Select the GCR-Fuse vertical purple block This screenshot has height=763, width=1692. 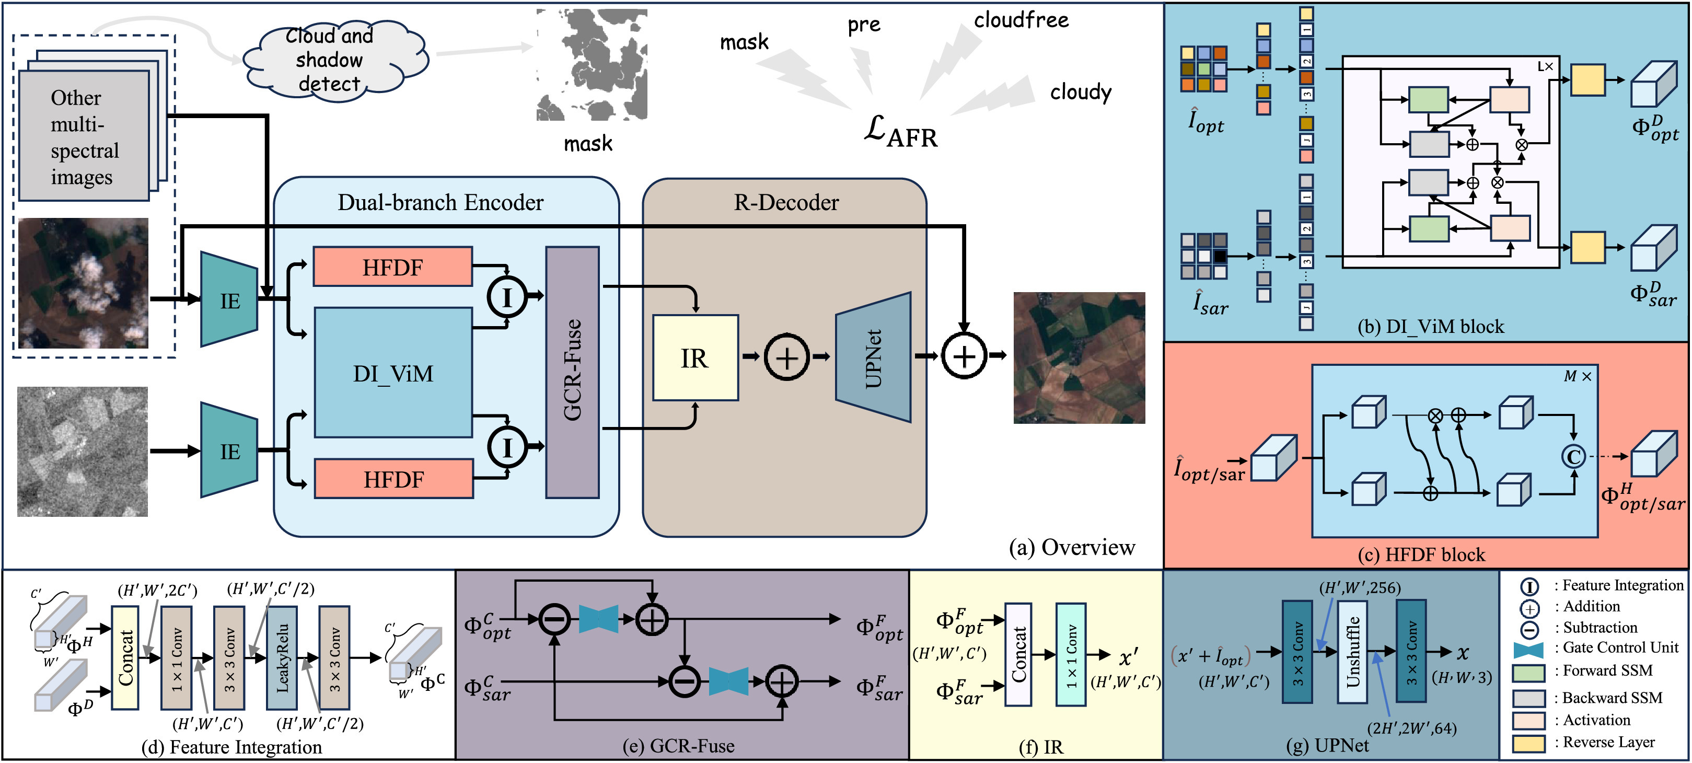click(x=572, y=372)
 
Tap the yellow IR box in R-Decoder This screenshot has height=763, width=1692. click(x=695, y=358)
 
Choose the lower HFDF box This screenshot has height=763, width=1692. click(x=393, y=479)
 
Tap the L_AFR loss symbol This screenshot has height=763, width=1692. click(x=900, y=131)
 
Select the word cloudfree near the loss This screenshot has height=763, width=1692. click(x=1021, y=21)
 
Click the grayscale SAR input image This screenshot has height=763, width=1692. click(x=83, y=452)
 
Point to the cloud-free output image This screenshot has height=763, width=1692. click(x=1079, y=358)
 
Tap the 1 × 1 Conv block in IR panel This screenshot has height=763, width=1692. click(x=1071, y=655)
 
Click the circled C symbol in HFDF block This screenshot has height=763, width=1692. click(x=1573, y=456)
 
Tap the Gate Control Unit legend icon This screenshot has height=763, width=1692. click(x=1528, y=650)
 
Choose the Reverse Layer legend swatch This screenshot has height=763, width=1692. click(x=1528, y=743)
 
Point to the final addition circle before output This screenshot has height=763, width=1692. click(x=964, y=356)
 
